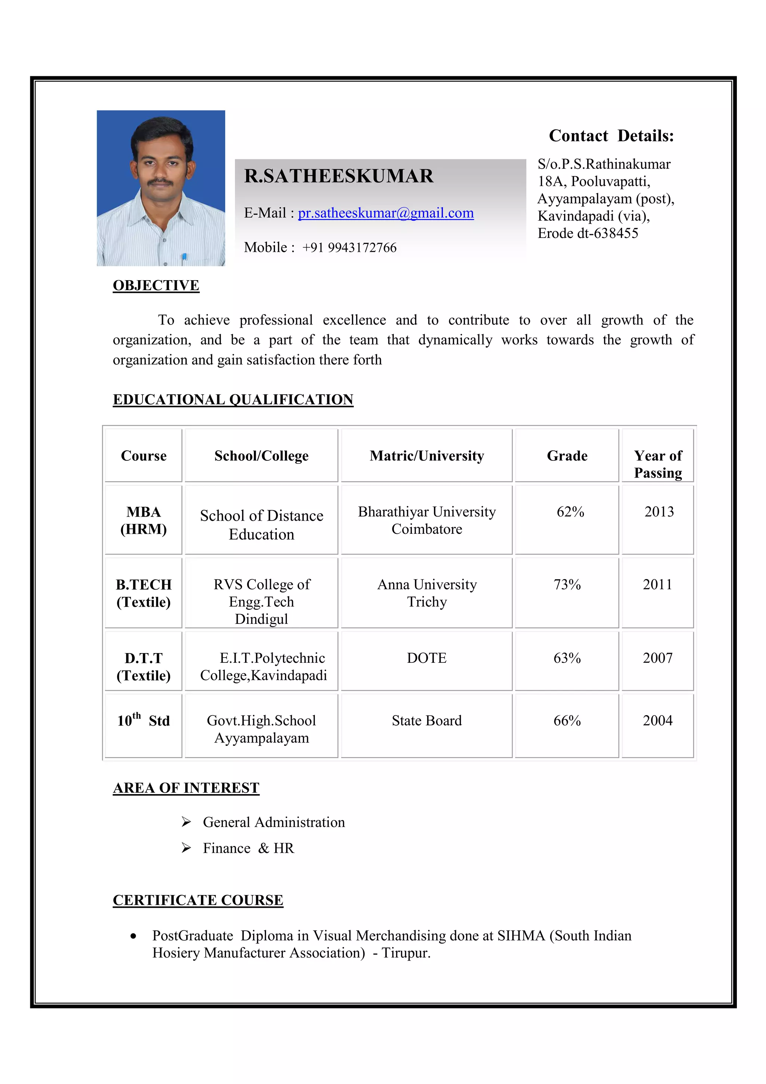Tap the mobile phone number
[x=349, y=247]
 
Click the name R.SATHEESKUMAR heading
[x=338, y=176]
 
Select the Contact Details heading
[x=611, y=136]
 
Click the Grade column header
[x=567, y=456]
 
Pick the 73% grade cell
[x=567, y=585]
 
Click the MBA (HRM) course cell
[x=144, y=520]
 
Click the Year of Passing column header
[x=658, y=464]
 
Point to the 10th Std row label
[x=144, y=720]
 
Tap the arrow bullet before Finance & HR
[x=186, y=848]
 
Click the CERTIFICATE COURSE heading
[x=198, y=900]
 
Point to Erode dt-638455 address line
[x=588, y=233]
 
